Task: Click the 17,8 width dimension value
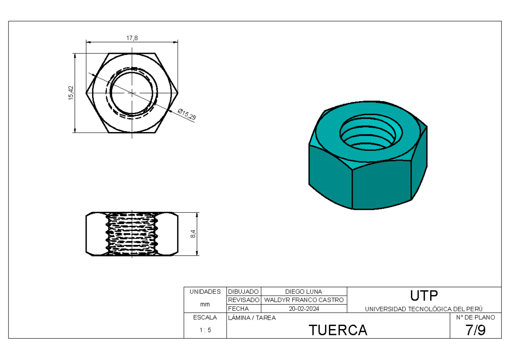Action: coord(132,38)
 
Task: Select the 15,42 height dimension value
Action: coord(71,93)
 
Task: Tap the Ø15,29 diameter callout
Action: coord(187,114)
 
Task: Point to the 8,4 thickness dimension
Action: coord(193,234)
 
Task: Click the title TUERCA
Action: coord(338,330)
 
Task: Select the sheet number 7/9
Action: coord(475,330)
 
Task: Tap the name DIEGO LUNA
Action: coord(303,292)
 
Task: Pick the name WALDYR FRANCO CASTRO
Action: coord(303,300)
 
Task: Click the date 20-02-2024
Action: coord(303,309)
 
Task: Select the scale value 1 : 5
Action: coord(205,330)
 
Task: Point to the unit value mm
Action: coord(205,304)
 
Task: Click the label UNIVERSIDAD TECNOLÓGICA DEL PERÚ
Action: coord(424,309)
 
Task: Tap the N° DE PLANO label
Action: coord(475,318)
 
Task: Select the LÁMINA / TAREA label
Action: coord(252,318)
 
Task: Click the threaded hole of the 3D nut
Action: coord(368,134)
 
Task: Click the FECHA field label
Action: coord(238,309)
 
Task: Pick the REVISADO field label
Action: coord(244,300)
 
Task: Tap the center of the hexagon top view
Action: coord(132,93)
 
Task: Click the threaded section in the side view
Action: coord(132,234)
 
